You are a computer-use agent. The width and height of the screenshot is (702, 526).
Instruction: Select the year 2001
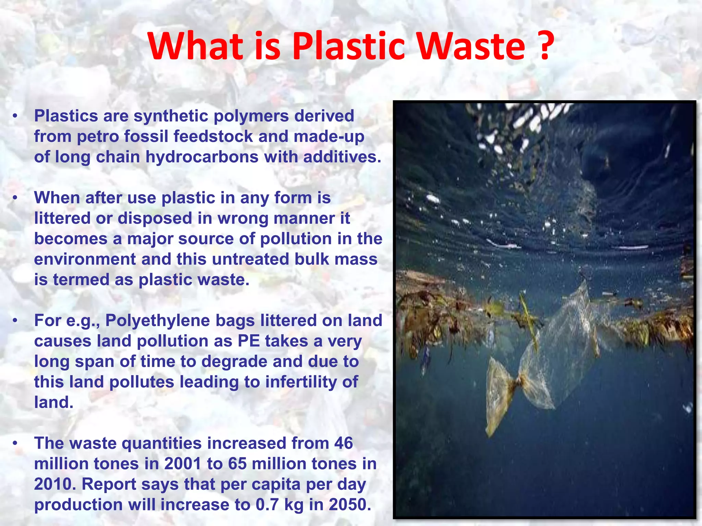182,464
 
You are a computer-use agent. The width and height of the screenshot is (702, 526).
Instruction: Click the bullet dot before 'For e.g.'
15,321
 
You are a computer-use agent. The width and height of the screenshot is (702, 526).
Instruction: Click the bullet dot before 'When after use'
15,198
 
